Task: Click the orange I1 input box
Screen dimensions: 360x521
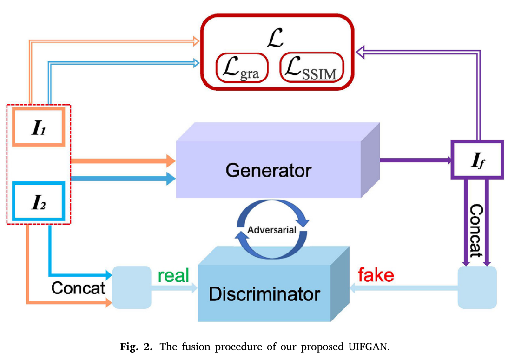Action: point(38,127)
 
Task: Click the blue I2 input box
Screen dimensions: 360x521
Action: point(38,202)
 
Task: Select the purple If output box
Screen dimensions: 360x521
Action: point(477,160)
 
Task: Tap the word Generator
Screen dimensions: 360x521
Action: point(268,170)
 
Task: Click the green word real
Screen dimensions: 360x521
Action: point(173,276)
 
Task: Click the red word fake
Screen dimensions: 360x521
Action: point(376,275)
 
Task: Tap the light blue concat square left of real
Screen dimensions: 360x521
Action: point(132,287)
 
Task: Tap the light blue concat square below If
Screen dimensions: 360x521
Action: point(477,287)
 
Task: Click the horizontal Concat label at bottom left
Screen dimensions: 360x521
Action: point(78,288)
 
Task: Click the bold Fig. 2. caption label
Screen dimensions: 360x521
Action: point(137,347)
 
